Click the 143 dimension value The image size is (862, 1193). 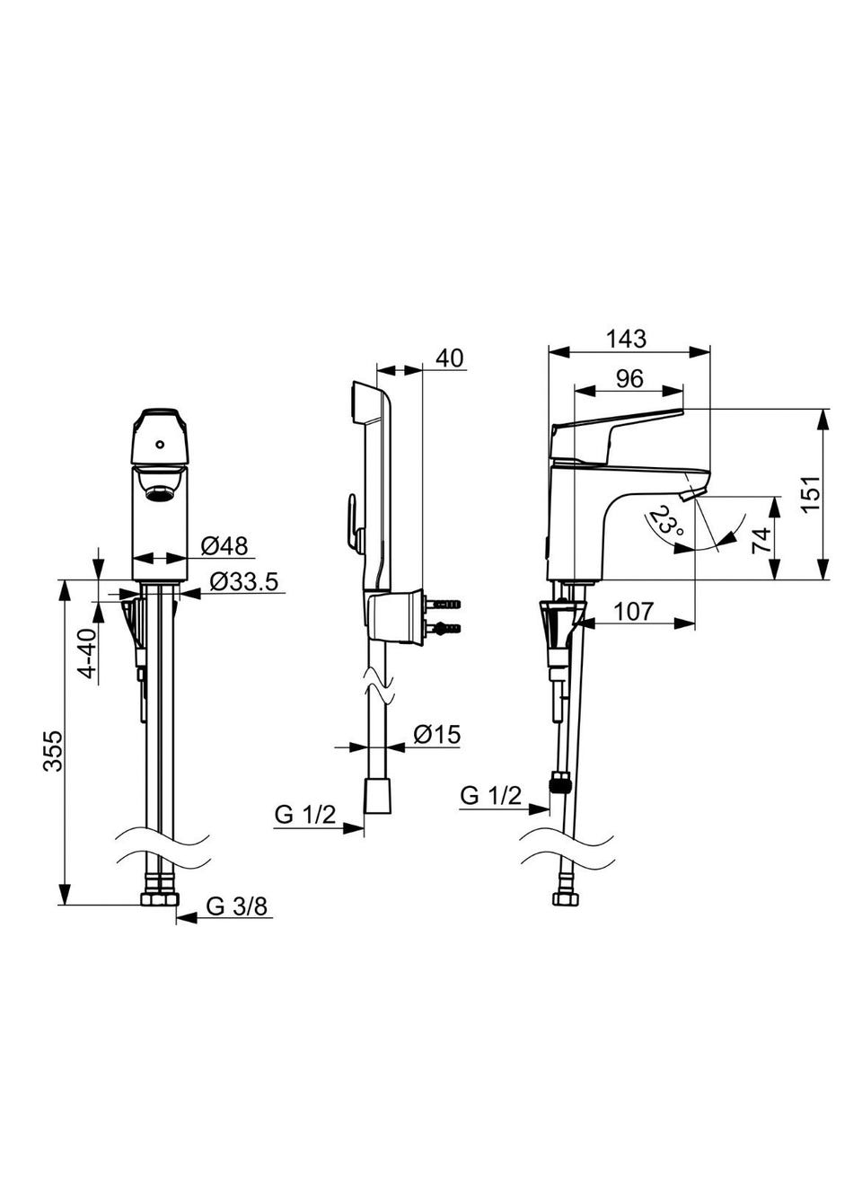pyautogui.click(x=626, y=339)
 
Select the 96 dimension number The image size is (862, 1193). pyautogui.click(x=629, y=379)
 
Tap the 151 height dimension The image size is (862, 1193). pyautogui.click(x=812, y=493)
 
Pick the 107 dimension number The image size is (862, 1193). pyautogui.click(x=633, y=612)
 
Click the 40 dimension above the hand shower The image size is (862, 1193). pyautogui.click(x=450, y=358)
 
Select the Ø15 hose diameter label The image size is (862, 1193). pyautogui.click(x=436, y=735)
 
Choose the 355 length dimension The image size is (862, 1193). pyautogui.click(x=53, y=751)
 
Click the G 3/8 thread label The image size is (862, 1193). pyautogui.click(x=236, y=906)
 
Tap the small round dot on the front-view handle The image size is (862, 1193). pyautogui.click(x=159, y=444)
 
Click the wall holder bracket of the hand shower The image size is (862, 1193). pyautogui.click(x=394, y=615)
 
